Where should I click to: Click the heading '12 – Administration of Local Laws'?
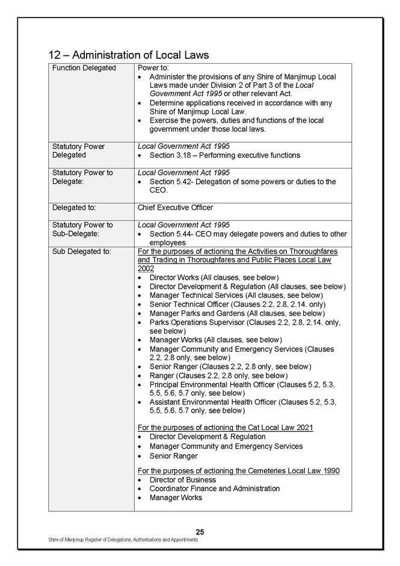coord(129,55)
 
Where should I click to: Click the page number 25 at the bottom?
coord(200,532)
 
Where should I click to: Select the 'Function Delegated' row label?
coord(84,68)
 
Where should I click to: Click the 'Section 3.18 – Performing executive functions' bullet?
coord(224,155)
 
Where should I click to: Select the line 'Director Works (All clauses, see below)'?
coord(214,277)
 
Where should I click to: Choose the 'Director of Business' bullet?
coord(182,480)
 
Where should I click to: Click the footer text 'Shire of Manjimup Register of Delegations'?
coord(123,540)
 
